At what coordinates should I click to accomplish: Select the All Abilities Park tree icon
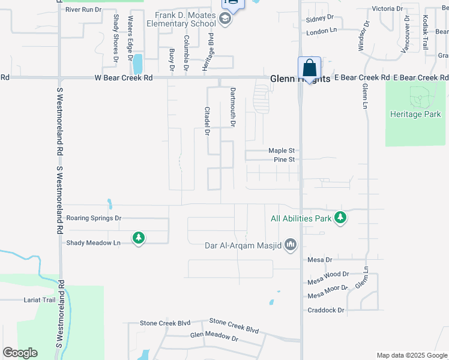click(x=340, y=218)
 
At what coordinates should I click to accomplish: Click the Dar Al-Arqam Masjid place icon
click(x=291, y=244)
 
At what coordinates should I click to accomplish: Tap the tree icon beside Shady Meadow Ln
click(x=139, y=238)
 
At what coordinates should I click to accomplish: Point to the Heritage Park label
click(x=415, y=114)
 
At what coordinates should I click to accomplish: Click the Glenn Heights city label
click(x=300, y=79)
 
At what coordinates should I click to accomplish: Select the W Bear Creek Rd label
click(x=124, y=78)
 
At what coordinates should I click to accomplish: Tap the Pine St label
click(x=284, y=160)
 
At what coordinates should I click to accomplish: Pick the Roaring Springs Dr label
click(x=94, y=218)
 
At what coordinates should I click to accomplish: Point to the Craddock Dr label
click(x=326, y=310)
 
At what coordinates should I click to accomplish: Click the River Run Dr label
click(x=83, y=10)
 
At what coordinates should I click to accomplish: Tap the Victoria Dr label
click(x=387, y=9)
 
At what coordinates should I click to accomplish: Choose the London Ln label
click(x=322, y=30)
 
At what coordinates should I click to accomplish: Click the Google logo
click(x=20, y=353)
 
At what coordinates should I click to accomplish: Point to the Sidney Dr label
click(x=319, y=19)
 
